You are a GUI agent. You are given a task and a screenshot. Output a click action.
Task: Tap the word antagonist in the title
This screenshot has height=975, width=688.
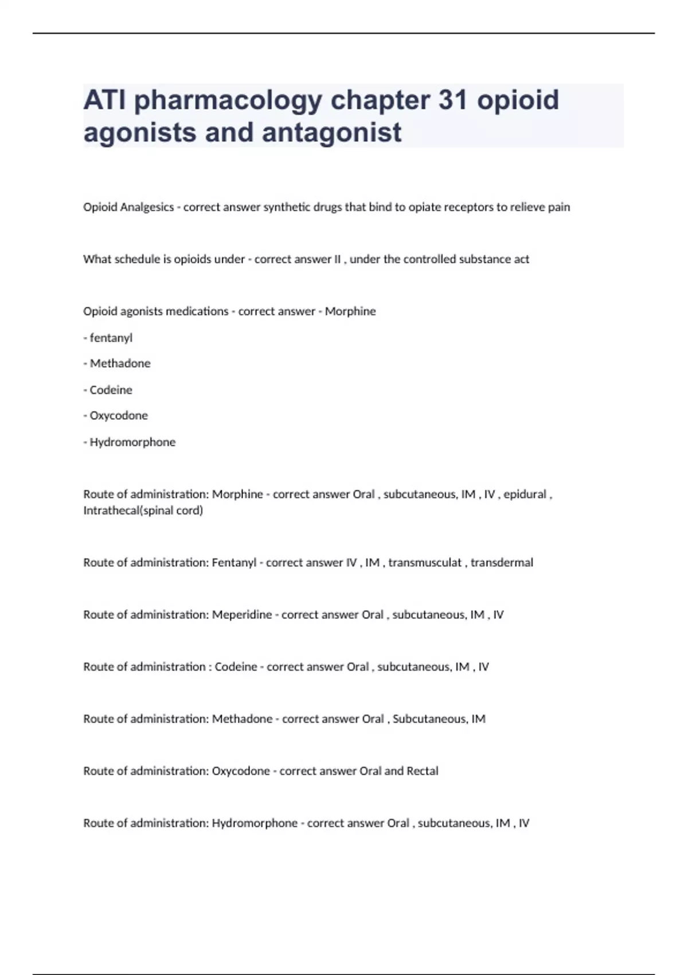[332, 132]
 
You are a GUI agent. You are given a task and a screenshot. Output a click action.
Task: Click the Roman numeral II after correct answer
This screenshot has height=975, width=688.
[337, 259]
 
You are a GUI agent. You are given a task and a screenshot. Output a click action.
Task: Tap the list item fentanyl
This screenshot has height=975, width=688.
[111, 338]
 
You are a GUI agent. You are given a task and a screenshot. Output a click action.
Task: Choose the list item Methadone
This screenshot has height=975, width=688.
[120, 364]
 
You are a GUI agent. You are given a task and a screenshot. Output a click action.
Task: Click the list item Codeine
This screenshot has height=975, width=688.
[111, 390]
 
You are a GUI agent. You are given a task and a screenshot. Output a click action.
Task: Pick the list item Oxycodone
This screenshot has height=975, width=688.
[119, 416]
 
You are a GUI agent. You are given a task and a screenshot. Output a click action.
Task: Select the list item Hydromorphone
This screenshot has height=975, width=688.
[132, 442]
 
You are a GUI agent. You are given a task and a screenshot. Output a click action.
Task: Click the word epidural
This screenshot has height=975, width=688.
[525, 494]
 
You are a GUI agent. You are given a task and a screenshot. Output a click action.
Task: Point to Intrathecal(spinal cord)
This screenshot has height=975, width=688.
[143, 510]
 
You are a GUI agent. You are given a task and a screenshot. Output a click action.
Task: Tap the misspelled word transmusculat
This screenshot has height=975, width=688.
[425, 563]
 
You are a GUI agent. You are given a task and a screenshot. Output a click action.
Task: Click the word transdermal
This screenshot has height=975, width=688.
[502, 563]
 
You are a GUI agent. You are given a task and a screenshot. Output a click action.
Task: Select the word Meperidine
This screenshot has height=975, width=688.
[242, 615]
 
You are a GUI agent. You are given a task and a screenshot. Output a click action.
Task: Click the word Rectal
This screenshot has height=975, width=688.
[422, 771]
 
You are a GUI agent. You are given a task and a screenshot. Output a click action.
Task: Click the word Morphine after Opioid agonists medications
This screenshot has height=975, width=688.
[350, 311]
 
